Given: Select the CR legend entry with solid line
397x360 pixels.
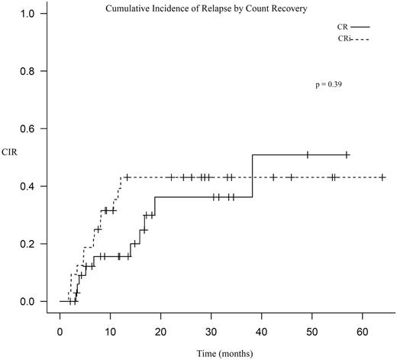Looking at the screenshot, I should point(347,25).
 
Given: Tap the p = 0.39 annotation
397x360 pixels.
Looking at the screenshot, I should point(328,85).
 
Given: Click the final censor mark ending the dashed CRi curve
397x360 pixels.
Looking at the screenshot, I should point(382,177).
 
